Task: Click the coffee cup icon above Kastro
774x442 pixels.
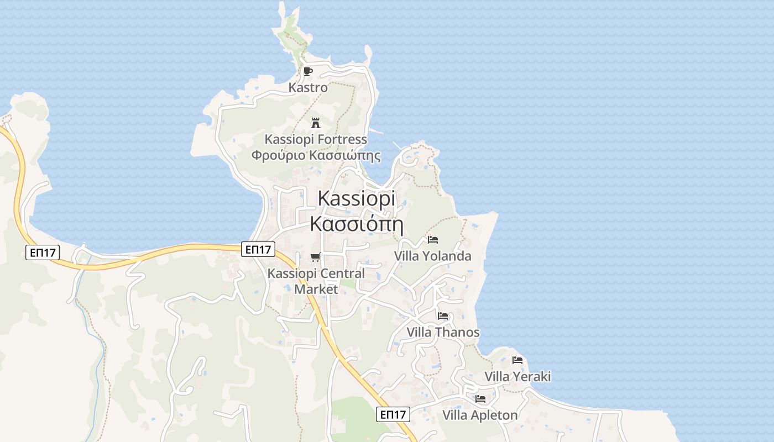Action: [308, 71]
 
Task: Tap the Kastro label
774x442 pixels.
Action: [308, 87]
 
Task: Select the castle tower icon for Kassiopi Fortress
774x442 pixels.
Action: [316, 123]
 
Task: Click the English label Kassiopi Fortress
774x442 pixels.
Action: [316, 139]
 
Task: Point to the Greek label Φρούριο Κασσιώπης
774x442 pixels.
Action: [316, 155]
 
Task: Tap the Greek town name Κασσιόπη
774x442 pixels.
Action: [356, 224]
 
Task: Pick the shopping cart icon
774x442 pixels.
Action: [315, 257]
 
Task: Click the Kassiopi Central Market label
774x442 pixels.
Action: [316, 281]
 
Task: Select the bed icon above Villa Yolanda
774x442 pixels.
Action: [433, 240]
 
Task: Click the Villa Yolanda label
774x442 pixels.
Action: [432, 256]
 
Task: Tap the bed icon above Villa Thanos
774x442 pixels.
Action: [443, 316]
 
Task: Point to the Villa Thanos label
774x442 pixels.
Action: [443, 332]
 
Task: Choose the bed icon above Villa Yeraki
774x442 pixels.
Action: [517, 360]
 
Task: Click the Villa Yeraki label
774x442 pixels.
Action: [517, 376]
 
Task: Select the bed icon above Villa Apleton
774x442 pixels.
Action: [480, 398]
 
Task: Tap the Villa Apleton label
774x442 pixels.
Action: [480, 415]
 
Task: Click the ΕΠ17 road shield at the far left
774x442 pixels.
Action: [43, 253]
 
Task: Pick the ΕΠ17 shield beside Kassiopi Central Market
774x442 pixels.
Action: [258, 250]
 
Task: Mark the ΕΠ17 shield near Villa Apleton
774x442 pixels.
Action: [393, 414]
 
